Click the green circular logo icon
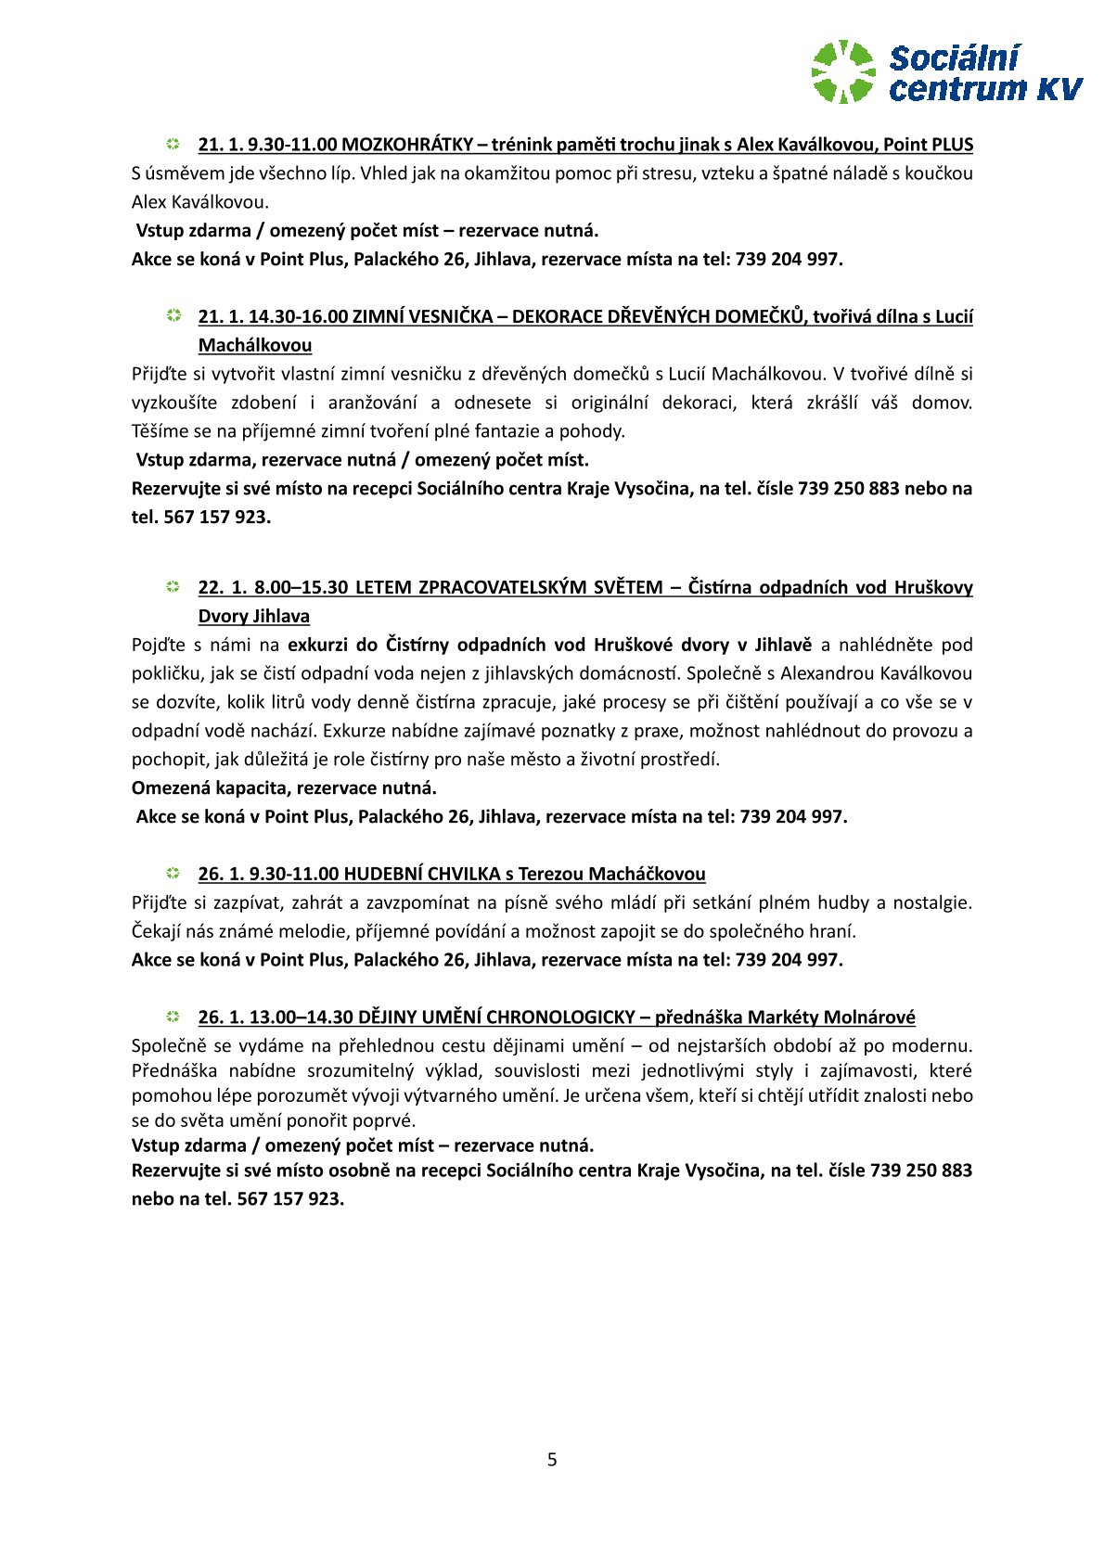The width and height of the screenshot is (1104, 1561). [842, 70]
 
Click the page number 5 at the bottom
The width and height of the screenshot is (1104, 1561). [552, 1459]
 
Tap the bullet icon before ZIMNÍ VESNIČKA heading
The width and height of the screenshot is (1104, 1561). [173, 316]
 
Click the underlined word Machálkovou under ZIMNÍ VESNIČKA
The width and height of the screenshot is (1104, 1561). [255, 345]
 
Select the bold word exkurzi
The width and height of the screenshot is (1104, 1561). [319, 645]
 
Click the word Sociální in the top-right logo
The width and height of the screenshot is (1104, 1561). [954, 58]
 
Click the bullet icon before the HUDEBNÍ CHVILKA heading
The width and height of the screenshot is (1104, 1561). [173, 874]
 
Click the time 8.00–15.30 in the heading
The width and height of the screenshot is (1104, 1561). [302, 587]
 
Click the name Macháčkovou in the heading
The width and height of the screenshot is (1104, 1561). [647, 874]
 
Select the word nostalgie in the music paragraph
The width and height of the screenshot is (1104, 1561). [929, 902]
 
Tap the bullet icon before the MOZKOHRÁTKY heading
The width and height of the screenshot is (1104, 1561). [173, 144]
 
